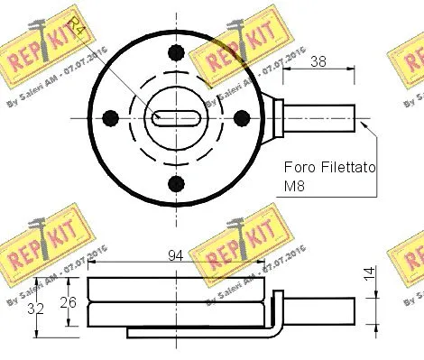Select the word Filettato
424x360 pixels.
click(348, 169)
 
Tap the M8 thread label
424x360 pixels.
click(295, 189)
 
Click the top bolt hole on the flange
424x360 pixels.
click(175, 52)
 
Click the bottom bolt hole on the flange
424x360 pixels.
click(175, 184)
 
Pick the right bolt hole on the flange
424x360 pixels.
click(240, 117)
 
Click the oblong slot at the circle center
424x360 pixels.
click(175, 117)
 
